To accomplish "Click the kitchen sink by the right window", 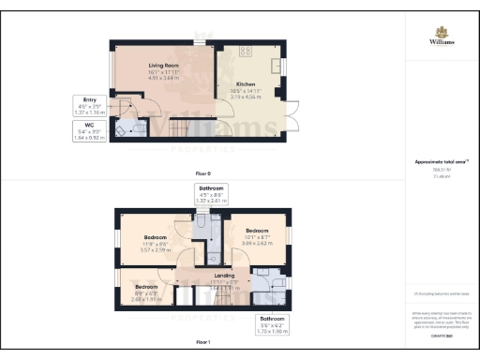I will pos(277,67).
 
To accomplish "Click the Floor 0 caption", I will pos(202,174).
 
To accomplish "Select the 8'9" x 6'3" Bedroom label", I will pos(145,290).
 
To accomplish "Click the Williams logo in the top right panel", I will pos(442,38).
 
